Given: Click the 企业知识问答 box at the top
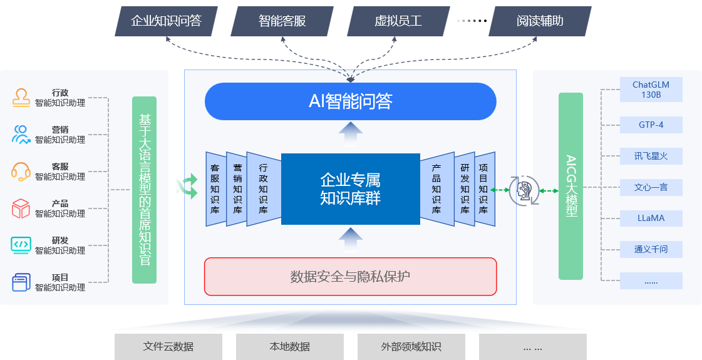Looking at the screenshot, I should (166, 21).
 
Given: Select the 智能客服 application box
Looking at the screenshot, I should (282, 21).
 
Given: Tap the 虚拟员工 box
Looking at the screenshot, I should (398, 21).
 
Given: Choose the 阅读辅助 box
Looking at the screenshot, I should (540, 21).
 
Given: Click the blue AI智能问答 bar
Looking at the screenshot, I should (350, 101).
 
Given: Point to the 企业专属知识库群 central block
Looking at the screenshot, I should (350, 188).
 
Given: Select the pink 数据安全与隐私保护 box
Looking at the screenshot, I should (350, 276).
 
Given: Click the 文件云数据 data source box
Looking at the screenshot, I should (168, 346).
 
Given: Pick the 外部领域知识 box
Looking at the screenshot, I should (411, 346).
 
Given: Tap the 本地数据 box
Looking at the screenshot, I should (289, 346).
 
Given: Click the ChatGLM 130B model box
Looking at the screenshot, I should (651, 90).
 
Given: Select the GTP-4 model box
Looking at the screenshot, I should (651, 125).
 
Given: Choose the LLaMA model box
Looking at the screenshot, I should (651, 219).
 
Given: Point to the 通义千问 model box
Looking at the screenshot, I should (651, 249).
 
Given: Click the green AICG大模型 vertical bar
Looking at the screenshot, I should (570, 186).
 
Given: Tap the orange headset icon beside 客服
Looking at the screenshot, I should (21, 171).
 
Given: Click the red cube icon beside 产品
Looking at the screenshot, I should (21, 208).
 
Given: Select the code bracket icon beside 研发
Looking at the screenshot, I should (21, 245).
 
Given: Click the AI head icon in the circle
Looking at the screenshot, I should (524, 190).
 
